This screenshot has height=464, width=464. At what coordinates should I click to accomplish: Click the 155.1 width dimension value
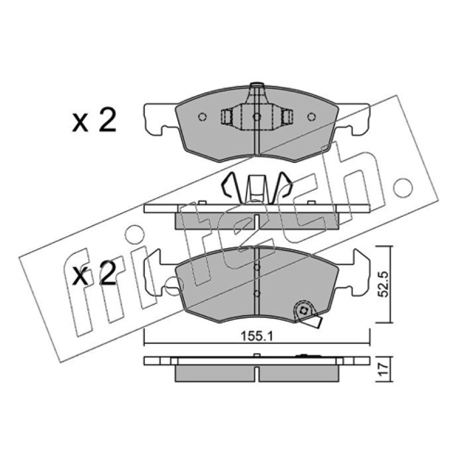[256, 336]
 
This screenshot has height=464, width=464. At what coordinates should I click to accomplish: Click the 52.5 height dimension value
[385, 284]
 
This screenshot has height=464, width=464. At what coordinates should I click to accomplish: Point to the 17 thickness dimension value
[384, 369]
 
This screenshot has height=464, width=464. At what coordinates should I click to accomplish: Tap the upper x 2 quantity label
[94, 120]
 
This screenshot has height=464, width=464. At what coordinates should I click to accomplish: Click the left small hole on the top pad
[202, 117]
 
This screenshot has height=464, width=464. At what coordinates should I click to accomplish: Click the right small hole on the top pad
[311, 117]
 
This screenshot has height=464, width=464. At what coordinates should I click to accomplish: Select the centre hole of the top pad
[257, 117]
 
